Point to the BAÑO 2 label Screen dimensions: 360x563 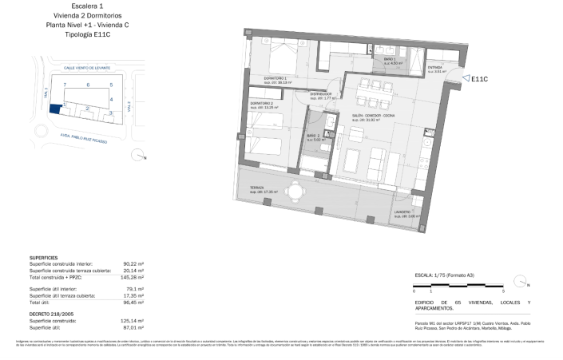pos(313,136)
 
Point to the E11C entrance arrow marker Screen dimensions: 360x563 pos(466,78)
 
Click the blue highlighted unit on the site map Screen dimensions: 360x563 pos(55,109)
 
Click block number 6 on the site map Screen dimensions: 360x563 pos(87,84)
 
